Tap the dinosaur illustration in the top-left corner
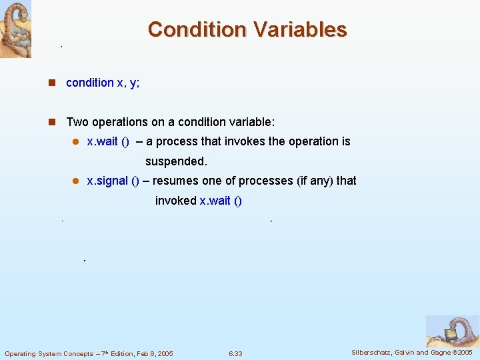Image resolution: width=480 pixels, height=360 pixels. tap(15, 29)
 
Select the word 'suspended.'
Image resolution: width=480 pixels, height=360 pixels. tap(176, 161)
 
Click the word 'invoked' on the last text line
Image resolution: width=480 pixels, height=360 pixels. tap(175, 201)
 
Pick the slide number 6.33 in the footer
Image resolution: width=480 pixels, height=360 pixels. tap(235, 353)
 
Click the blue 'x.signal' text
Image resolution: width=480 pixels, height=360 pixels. tap(108, 181)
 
